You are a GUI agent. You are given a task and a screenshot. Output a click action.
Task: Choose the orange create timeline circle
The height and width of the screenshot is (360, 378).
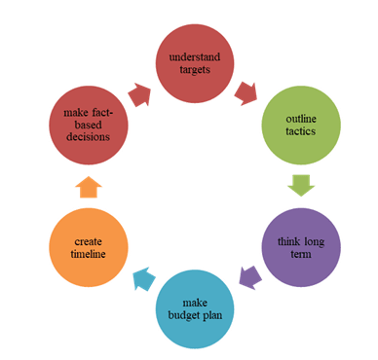[x=89, y=247]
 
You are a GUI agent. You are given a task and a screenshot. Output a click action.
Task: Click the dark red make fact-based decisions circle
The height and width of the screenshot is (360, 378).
[x=89, y=126]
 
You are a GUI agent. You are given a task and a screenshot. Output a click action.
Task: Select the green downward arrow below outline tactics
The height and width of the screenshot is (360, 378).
[x=300, y=186]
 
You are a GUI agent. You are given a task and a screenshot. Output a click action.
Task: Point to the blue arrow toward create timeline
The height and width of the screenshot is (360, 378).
[x=142, y=279]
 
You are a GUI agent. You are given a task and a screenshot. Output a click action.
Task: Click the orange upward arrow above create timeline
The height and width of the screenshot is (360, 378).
[x=89, y=186]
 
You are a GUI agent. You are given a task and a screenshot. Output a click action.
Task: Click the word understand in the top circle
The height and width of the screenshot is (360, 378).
[x=195, y=58]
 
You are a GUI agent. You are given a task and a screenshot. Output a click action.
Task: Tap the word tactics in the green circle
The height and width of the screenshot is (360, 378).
[x=300, y=132]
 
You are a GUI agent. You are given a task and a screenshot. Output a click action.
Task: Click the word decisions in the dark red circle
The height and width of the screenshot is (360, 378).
[x=89, y=138]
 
